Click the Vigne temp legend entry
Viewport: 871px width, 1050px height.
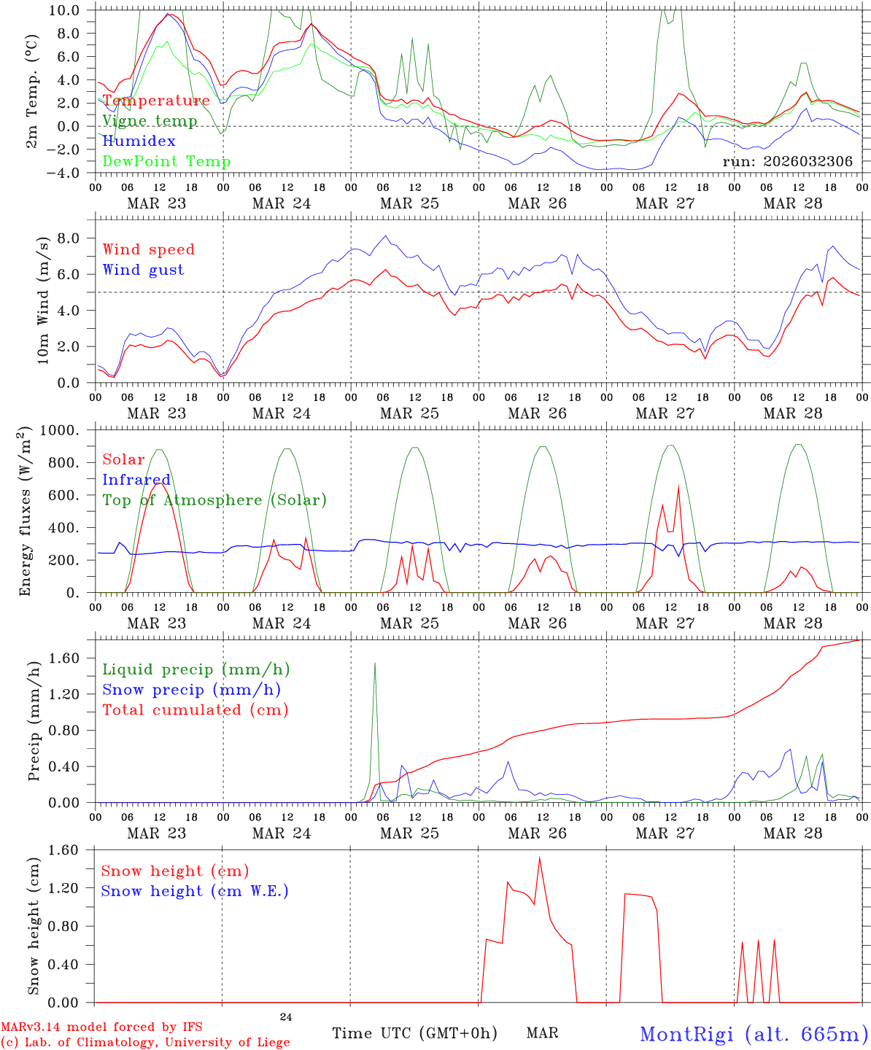click(150, 121)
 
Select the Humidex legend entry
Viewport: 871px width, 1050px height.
click(139, 141)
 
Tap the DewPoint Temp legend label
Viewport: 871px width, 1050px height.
click(166, 162)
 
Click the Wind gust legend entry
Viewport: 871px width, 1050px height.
click(143, 270)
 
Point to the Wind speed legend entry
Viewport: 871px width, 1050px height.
click(149, 249)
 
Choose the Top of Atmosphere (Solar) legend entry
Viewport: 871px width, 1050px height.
click(214, 500)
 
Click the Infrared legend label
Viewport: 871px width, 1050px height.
click(136, 480)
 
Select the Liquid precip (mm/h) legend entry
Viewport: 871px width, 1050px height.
click(196, 669)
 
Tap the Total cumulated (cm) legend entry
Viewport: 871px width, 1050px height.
click(196, 710)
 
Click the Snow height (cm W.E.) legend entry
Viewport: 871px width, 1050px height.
click(195, 891)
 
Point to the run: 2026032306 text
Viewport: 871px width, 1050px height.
click(788, 162)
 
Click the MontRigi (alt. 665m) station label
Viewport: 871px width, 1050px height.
click(754, 1034)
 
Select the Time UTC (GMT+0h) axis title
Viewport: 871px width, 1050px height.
click(414, 1033)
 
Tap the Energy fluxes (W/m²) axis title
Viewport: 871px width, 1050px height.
click(26, 511)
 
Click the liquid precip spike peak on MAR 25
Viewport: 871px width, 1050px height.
click(375, 663)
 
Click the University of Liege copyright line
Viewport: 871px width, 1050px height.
click(145, 1042)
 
